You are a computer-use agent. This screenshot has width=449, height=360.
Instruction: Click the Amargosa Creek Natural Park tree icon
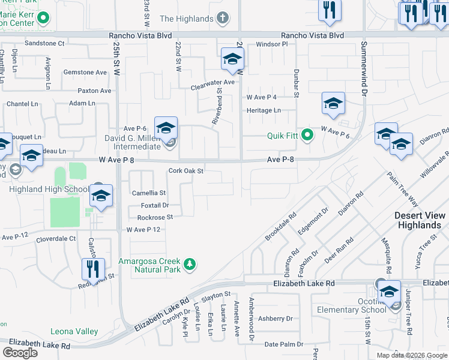coord(190,265)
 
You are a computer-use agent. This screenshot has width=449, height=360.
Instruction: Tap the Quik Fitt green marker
coord(307,135)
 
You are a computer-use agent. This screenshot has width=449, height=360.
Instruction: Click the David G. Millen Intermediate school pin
coord(166,128)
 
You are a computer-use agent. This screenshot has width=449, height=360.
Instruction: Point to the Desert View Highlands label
coord(420,220)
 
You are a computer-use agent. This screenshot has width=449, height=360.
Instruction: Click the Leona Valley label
coord(74,331)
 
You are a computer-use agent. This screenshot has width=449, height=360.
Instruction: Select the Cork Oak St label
coord(187,170)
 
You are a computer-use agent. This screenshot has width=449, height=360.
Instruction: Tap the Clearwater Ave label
coord(212,82)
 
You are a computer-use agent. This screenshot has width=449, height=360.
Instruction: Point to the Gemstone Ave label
coord(85,73)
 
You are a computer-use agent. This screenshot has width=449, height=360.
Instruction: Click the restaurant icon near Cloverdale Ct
coord(93,268)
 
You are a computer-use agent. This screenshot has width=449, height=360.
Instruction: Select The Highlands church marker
coord(223,18)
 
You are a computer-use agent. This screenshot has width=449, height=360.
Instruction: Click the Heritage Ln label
coord(264,110)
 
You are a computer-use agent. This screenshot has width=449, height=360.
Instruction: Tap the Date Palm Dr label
coord(280,344)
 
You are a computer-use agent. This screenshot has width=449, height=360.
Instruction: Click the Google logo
coord(20,352)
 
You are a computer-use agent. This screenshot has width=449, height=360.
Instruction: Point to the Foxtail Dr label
coord(147,205)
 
